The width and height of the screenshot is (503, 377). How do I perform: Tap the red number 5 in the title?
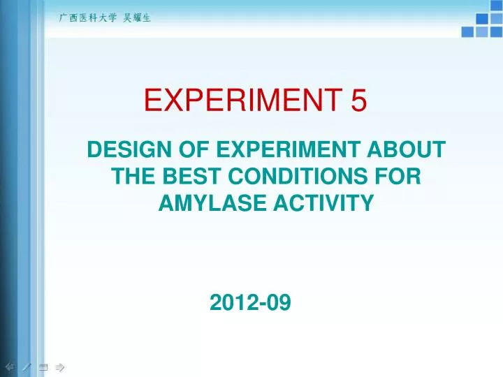pos(358,103)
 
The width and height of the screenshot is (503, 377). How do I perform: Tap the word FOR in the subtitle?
pos(395,177)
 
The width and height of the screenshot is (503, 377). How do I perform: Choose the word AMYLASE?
pos(206,203)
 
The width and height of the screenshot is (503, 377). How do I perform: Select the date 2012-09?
pos(250,303)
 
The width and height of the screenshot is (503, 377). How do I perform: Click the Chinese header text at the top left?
pos(104,19)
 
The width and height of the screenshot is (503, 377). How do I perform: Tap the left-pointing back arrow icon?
pos(9,366)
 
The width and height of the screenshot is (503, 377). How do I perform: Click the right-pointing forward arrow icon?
pos(60,366)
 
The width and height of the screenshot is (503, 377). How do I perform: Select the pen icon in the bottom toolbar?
pos(26,366)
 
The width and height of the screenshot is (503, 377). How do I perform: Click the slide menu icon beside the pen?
pos(43,366)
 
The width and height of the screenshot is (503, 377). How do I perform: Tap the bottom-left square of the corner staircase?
pos(467,31)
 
